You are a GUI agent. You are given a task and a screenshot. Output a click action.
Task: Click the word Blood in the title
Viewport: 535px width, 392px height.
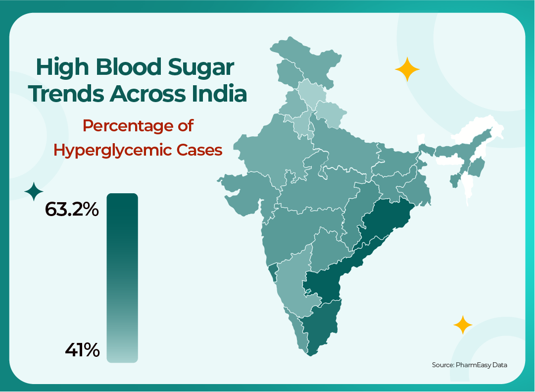click(131, 67)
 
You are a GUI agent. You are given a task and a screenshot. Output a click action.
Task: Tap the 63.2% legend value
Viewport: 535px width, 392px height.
click(72, 210)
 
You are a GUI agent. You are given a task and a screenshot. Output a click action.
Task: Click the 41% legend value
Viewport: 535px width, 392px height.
click(82, 350)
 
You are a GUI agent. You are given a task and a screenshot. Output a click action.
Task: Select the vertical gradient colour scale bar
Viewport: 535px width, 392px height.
click(122, 278)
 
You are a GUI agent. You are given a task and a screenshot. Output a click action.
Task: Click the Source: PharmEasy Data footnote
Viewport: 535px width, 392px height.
click(469, 365)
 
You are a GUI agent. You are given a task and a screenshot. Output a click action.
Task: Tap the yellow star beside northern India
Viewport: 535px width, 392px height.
click(407, 70)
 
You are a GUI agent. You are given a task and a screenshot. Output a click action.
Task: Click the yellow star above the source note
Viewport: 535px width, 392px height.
click(463, 325)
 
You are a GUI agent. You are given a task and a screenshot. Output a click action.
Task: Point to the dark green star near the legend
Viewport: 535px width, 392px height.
click(34, 192)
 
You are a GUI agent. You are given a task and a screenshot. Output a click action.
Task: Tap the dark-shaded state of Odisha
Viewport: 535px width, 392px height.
click(384, 218)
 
